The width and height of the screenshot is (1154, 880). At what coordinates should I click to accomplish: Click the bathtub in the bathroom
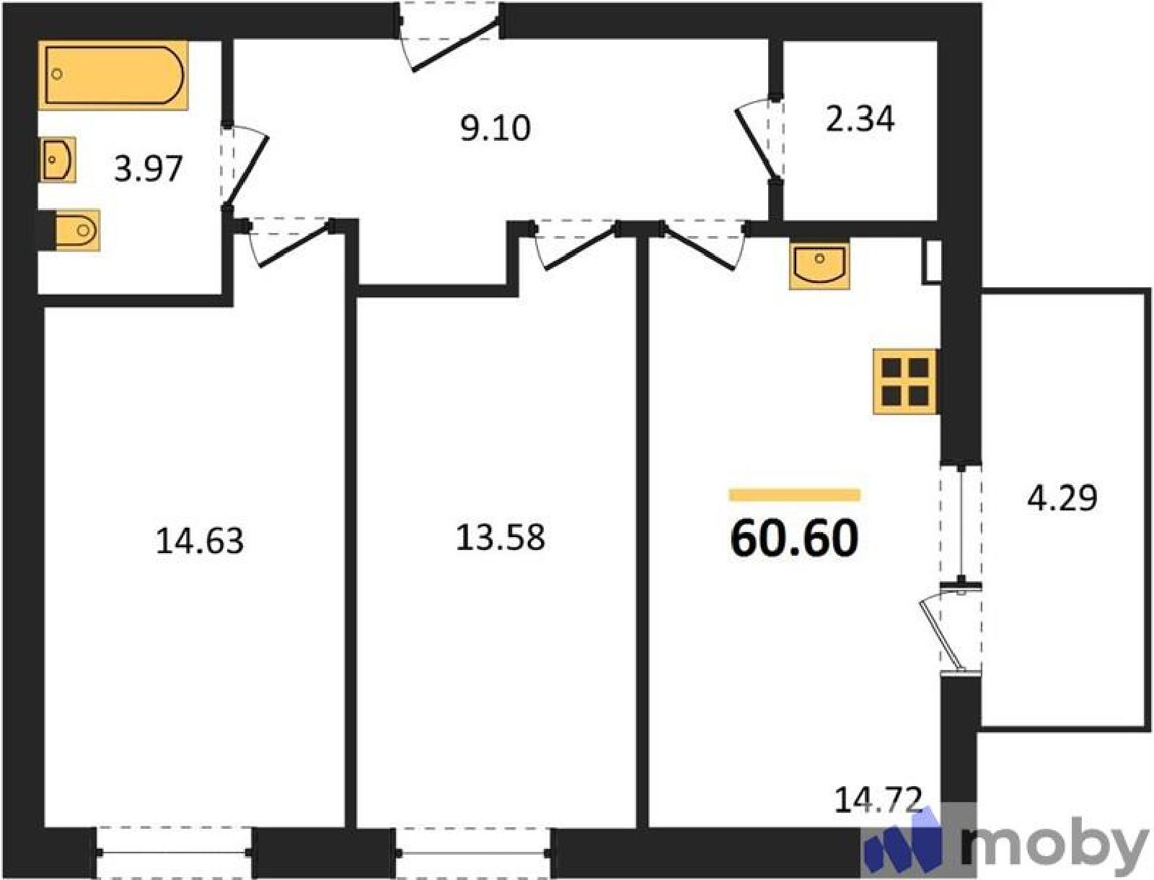click(x=113, y=75)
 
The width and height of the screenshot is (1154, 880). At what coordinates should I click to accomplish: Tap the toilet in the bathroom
click(x=76, y=230)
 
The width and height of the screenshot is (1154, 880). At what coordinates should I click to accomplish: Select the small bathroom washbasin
click(x=58, y=160)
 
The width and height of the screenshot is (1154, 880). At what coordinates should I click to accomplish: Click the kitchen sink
click(x=819, y=266)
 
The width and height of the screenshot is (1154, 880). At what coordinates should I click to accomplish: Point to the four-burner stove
click(x=905, y=381)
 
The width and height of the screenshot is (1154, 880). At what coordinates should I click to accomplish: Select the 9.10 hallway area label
click(x=495, y=129)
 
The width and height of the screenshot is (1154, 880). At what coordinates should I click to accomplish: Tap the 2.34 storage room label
click(x=860, y=119)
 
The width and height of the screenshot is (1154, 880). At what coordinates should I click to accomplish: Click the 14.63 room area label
click(x=200, y=541)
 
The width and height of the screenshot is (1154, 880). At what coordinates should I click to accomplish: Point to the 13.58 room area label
click(x=500, y=538)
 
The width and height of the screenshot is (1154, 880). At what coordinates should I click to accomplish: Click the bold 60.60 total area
click(x=794, y=538)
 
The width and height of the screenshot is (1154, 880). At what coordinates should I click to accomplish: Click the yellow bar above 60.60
click(x=794, y=495)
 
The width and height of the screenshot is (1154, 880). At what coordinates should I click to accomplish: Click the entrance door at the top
click(x=449, y=37)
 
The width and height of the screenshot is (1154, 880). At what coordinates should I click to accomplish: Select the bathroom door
click(x=245, y=166)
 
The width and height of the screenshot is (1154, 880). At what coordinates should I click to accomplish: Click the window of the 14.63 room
click(x=175, y=853)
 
